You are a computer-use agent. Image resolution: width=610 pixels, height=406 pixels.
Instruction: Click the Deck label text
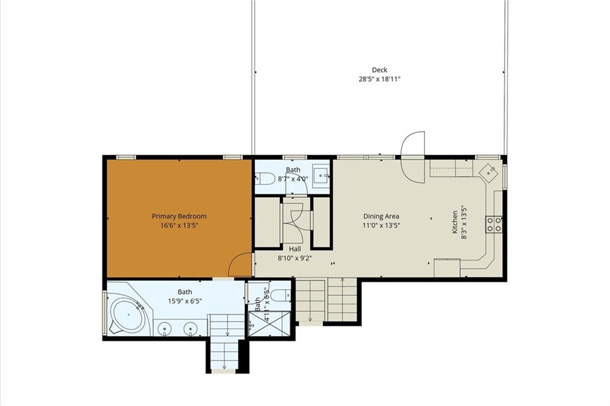click(x=379, y=70)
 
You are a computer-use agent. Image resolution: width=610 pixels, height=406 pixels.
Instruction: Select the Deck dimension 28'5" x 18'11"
click(x=379, y=79)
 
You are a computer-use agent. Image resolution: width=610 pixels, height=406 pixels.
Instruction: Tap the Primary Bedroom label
click(x=179, y=216)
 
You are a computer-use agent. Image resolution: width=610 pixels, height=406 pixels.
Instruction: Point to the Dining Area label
click(x=381, y=216)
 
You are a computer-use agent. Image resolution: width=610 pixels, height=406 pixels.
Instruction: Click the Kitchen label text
click(x=455, y=222)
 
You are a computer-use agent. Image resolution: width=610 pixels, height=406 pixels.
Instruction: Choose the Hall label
click(x=295, y=249)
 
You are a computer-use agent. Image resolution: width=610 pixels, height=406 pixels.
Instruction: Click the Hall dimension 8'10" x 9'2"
click(x=295, y=258)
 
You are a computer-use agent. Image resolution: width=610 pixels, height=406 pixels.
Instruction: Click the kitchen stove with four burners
click(x=494, y=224)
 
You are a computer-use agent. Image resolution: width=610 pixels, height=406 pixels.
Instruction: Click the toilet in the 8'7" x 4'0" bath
click(x=263, y=179)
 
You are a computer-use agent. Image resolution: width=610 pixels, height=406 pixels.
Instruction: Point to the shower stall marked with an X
click(x=269, y=323)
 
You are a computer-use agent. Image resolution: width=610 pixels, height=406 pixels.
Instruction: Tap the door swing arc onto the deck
click(x=412, y=156)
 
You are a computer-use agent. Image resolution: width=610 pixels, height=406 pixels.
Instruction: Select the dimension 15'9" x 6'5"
click(x=185, y=301)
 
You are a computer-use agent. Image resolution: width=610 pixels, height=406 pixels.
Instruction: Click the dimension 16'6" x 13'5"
click(x=179, y=225)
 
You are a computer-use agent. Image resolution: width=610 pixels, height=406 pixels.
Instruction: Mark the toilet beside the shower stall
click(x=280, y=296)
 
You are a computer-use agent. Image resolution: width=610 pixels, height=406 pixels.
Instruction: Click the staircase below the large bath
click(x=225, y=343)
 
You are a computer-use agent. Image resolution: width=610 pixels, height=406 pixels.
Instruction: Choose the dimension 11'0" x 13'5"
click(x=381, y=225)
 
